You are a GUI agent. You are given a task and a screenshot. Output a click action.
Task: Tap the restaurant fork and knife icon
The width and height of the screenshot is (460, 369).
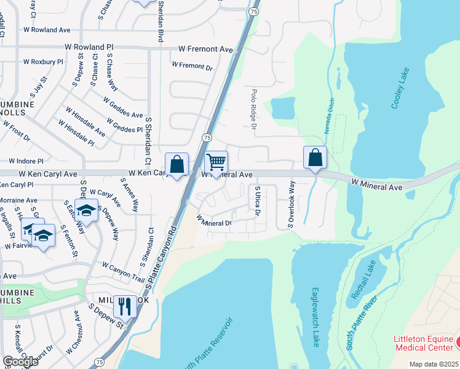[x=125, y=306]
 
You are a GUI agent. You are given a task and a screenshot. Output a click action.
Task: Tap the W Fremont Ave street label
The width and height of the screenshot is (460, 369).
[x=206, y=49]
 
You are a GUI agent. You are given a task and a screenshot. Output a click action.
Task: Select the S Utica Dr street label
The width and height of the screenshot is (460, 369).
[x=258, y=202]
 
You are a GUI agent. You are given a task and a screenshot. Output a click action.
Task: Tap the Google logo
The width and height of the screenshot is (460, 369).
[x=20, y=362]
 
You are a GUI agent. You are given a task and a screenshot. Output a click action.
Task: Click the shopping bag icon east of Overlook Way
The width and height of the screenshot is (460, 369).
[x=315, y=158]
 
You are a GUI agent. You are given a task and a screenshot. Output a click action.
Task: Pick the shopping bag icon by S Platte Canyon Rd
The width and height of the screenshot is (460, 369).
[x=176, y=164]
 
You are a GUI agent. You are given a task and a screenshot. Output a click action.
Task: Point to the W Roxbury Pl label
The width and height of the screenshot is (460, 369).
[x=43, y=62]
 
